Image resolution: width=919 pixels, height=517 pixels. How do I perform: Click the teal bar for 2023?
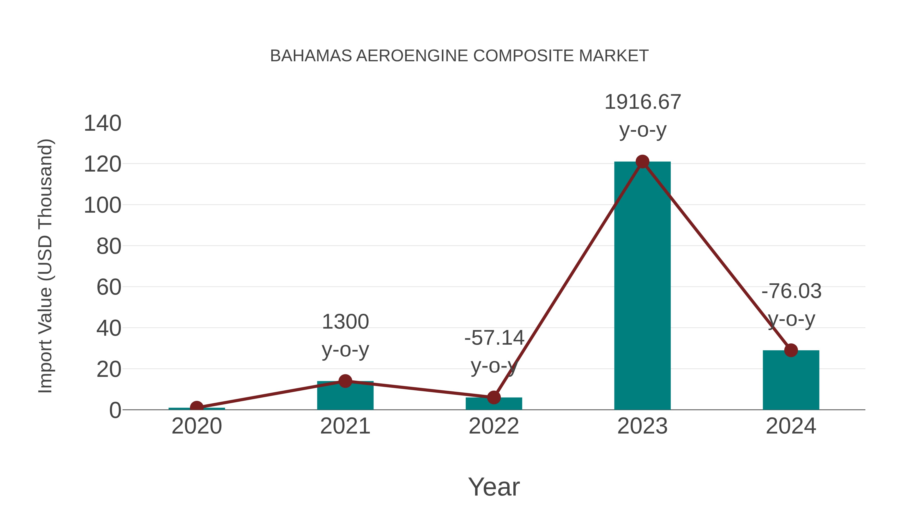642,285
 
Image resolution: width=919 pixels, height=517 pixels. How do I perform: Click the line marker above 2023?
642,162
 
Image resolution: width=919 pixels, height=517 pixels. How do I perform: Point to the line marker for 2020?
197,407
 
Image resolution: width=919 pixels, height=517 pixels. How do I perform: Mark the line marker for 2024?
791,350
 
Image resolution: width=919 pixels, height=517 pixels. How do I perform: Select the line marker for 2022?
494,397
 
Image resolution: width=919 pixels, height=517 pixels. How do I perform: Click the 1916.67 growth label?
643,102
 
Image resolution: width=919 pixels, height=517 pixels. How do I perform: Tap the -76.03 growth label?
791,291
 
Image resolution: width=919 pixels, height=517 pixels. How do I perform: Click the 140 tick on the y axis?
102,124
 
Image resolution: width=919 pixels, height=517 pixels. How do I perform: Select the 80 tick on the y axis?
109,246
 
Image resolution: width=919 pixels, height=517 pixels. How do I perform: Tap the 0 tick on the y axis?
115,410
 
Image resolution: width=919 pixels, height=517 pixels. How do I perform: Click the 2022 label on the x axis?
494,426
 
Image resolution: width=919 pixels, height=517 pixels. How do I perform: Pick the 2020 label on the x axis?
197,426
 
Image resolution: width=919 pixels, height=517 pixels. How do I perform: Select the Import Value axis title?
46,266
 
